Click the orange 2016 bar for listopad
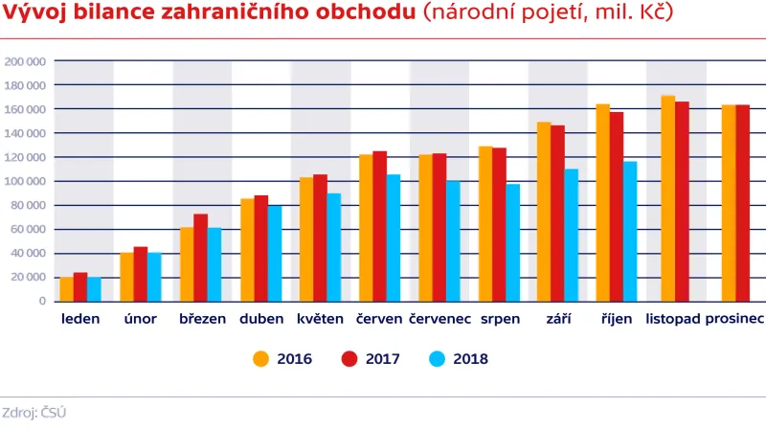tap(668, 198)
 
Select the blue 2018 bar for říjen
tap(630, 231)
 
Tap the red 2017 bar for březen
tap(200, 257)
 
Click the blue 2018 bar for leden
tap(94, 289)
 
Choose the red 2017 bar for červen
tap(380, 226)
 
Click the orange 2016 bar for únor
tap(127, 277)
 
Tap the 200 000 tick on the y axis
tap(26, 61)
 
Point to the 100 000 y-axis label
tap(26, 181)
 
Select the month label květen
tap(320, 319)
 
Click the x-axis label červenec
tap(439, 319)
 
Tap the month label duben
tap(261, 319)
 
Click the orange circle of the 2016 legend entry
tap(260, 359)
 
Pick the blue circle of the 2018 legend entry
tap(437, 359)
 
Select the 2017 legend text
tap(382, 359)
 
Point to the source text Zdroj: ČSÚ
tap(34, 413)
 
